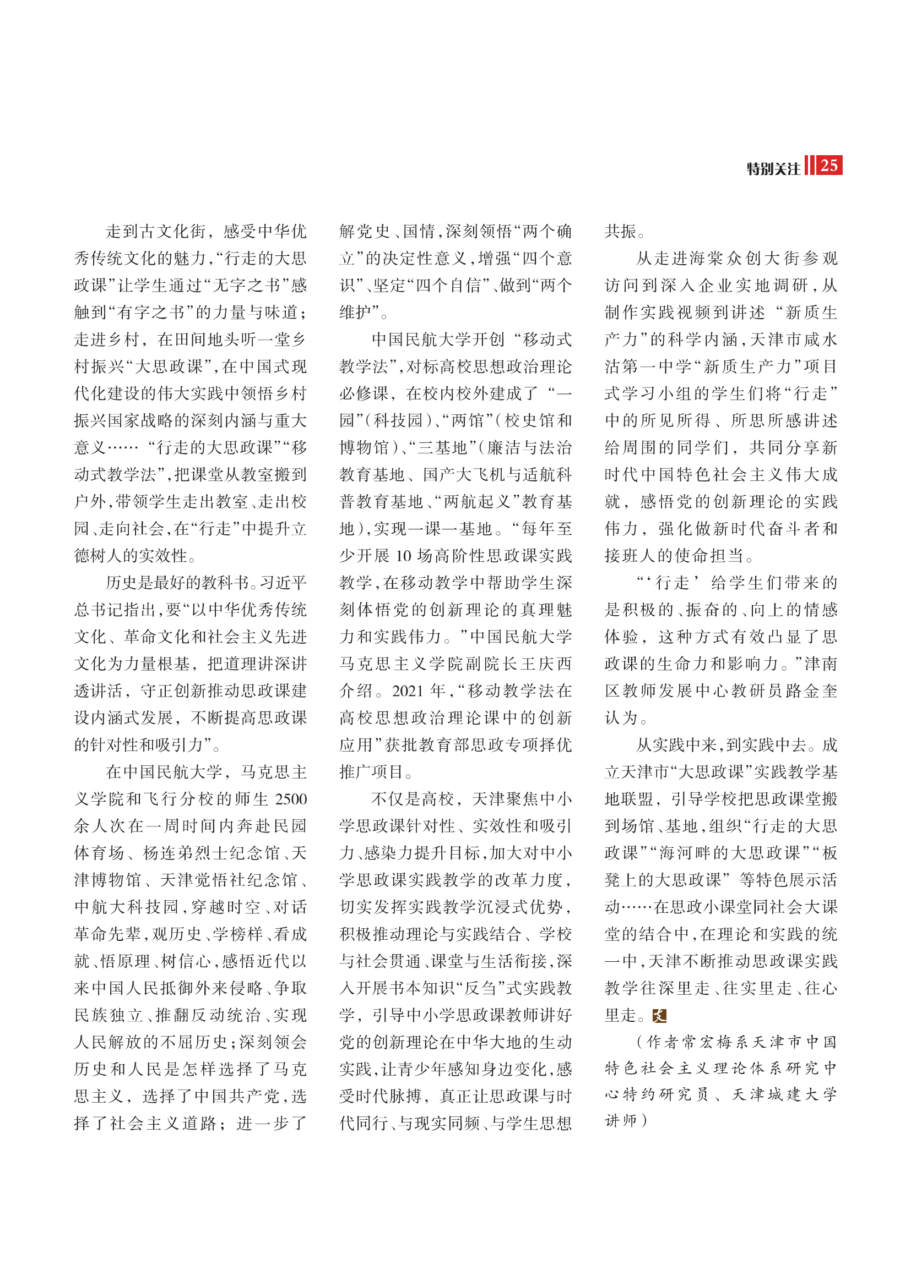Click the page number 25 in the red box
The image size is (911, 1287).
coord(828,166)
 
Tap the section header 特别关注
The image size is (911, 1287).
coord(773,169)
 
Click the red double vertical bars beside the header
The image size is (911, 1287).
coord(809,166)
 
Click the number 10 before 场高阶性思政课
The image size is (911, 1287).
coord(404,556)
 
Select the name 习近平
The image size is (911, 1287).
coord(283,582)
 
